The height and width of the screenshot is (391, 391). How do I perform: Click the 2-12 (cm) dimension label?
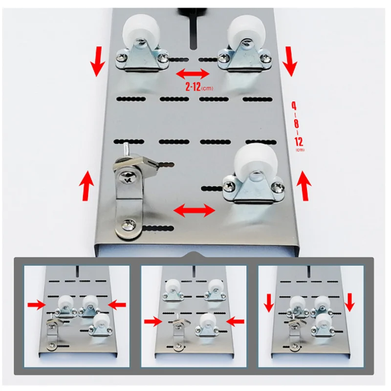[199, 87]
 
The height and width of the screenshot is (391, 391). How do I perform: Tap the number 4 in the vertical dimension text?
[294, 106]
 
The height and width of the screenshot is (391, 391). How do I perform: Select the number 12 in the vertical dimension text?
[299, 141]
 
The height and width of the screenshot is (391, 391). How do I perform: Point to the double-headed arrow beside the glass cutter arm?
[194, 210]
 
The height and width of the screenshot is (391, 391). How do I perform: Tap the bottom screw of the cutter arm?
[129, 225]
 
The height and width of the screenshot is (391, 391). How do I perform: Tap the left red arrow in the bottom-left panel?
[36, 304]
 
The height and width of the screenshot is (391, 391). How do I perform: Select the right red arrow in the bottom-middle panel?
[235, 322]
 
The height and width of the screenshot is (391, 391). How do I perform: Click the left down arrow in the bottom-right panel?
[269, 303]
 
